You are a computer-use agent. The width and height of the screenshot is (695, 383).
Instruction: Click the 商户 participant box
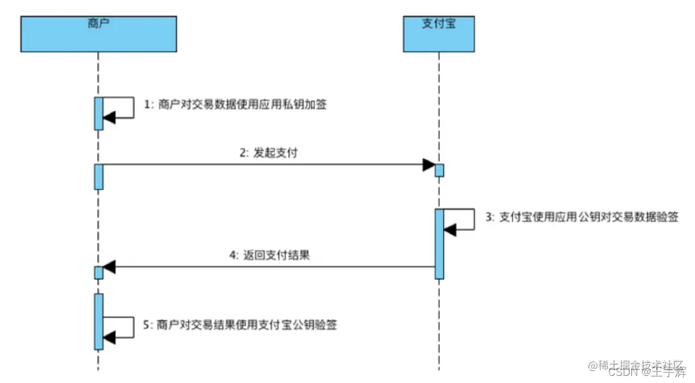(98, 34)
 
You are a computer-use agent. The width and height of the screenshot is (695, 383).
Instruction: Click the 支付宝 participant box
(439, 34)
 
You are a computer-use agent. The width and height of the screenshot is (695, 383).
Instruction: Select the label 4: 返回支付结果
(268, 256)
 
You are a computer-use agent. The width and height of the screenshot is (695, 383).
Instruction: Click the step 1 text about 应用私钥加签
(236, 104)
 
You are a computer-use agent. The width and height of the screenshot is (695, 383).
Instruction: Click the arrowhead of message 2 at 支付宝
(428, 165)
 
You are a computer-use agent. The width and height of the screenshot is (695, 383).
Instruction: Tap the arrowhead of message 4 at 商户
(109, 267)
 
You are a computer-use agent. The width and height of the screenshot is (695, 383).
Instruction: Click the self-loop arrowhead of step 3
(450, 229)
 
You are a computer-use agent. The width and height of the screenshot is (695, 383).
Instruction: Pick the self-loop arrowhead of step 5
(109, 338)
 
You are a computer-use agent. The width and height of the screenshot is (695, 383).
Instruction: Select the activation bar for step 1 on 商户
(99, 113)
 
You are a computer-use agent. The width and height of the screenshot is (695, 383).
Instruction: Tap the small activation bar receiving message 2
(439, 170)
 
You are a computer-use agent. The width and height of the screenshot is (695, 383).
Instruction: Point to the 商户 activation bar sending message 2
(99, 177)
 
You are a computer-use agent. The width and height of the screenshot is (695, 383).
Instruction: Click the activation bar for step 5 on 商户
(99, 321)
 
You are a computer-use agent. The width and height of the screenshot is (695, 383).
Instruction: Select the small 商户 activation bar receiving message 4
(99, 272)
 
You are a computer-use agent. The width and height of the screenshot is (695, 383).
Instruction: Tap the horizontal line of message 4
(268, 267)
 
